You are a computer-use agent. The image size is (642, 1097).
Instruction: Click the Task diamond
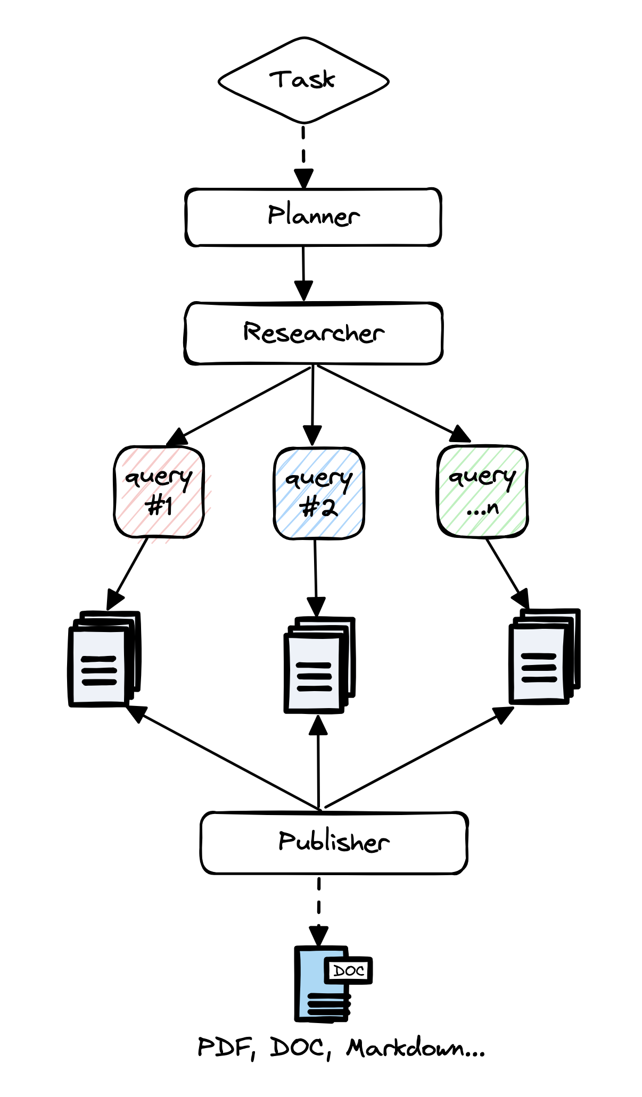coord(303,80)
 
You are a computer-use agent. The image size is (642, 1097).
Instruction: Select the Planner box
coord(313,217)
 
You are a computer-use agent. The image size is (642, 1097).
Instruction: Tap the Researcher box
coord(314,334)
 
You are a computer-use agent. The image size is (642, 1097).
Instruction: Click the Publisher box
coord(334,843)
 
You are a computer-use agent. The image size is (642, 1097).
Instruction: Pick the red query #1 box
coord(159,492)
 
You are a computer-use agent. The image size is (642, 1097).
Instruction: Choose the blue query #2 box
coord(319,494)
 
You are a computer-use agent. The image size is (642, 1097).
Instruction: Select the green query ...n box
coord(482,491)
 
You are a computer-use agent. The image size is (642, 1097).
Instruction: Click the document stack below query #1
coord(104,659)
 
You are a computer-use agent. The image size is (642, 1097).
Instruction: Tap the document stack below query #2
coord(318,665)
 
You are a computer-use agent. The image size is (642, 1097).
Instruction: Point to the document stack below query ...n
coord(544,656)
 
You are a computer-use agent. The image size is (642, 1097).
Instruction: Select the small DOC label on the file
coord(349,971)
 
